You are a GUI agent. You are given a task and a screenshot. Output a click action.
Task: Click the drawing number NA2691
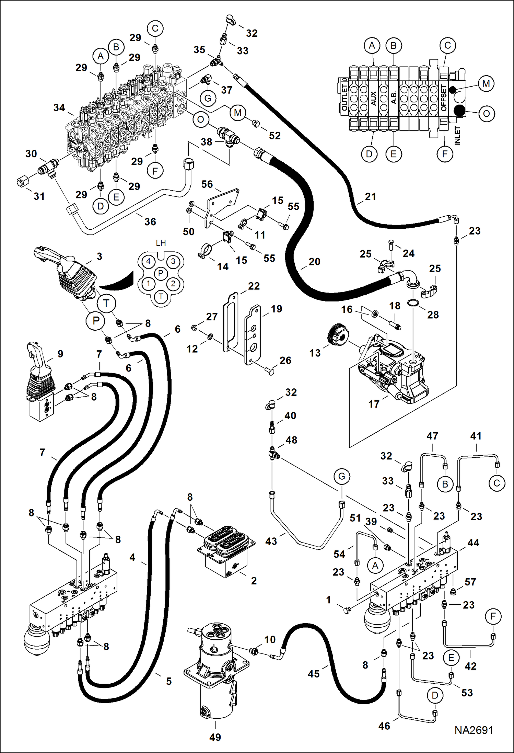(x=474, y=730)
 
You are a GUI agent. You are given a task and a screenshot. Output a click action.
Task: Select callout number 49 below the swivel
(x=215, y=737)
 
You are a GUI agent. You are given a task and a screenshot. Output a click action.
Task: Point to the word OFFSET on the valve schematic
(x=443, y=98)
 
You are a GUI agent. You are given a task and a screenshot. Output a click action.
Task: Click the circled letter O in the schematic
(x=486, y=113)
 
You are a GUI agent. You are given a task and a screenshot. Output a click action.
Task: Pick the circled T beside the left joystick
(x=106, y=304)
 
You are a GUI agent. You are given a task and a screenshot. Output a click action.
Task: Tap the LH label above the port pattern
(x=161, y=243)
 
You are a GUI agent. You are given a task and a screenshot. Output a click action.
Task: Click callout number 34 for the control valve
(x=59, y=108)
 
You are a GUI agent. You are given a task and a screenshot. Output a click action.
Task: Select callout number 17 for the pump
(x=374, y=404)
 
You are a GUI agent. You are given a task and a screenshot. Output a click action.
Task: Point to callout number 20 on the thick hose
(x=314, y=262)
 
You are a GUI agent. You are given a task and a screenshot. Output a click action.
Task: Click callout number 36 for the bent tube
(x=150, y=222)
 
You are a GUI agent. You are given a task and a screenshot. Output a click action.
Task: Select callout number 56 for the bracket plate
(x=207, y=184)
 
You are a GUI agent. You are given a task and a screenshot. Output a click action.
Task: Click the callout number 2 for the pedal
(x=254, y=581)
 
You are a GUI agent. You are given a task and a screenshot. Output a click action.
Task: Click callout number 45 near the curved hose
(x=314, y=674)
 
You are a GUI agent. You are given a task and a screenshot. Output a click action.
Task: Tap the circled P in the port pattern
(x=161, y=273)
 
